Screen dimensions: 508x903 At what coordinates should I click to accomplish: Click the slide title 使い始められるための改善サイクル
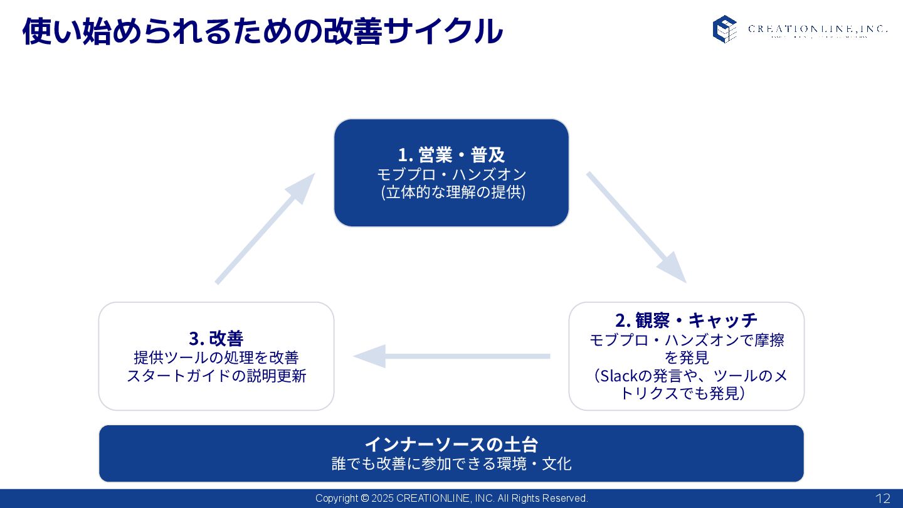(x=262, y=31)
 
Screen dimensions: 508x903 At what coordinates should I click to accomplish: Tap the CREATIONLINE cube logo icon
(x=724, y=29)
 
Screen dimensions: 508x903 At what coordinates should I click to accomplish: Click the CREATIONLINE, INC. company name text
(x=817, y=29)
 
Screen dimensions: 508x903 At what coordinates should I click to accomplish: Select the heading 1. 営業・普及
(x=451, y=154)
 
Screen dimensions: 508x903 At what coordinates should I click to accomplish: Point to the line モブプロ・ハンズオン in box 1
(x=451, y=174)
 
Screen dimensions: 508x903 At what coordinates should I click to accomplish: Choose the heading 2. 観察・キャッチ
(x=686, y=320)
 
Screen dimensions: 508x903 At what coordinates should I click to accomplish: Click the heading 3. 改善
(x=216, y=338)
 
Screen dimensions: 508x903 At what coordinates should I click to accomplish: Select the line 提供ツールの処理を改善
(x=216, y=357)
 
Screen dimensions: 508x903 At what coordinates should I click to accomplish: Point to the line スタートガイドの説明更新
(x=216, y=376)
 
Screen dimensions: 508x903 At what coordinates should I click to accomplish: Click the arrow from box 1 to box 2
(x=636, y=226)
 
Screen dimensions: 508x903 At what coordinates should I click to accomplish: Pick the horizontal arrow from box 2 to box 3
(x=451, y=356)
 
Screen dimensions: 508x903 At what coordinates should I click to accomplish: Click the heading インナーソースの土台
(x=451, y=444)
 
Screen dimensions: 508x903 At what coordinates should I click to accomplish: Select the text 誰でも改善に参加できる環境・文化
(x=451, y=463)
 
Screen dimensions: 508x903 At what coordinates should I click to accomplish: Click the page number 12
(x=882, y=499)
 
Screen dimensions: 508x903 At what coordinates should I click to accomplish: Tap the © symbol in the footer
(x=364, y=499)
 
